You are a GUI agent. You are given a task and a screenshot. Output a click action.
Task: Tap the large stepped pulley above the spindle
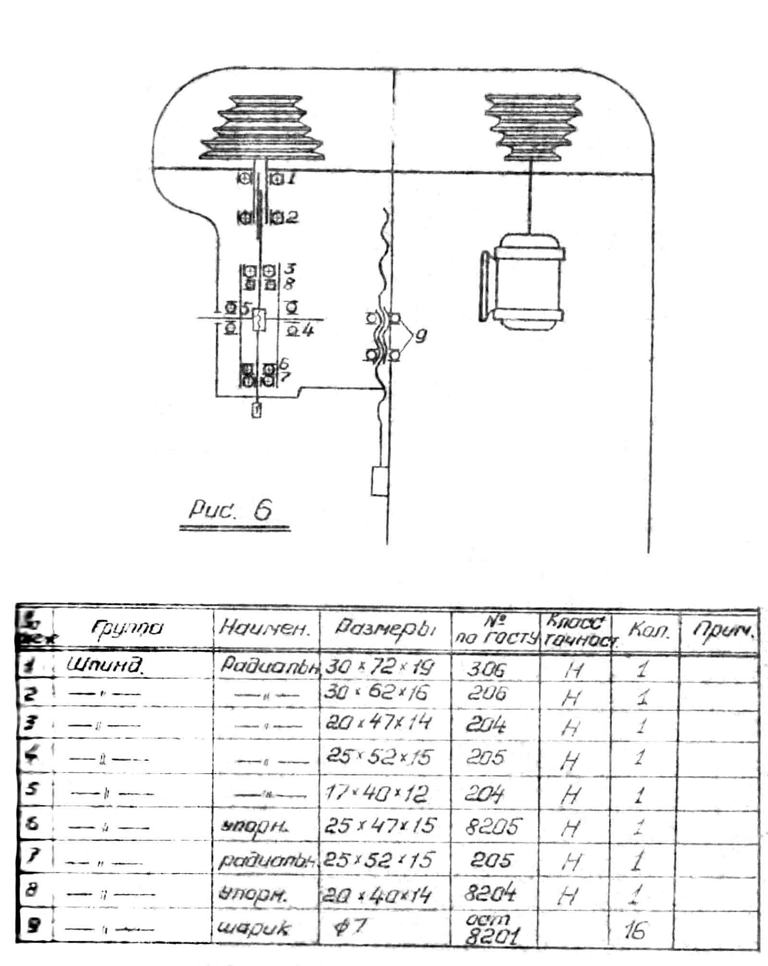click(x=262, y=129)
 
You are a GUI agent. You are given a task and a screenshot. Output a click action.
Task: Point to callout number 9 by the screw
click(x=420, y=336)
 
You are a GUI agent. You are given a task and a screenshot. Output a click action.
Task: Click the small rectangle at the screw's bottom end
click(x=379, y=481)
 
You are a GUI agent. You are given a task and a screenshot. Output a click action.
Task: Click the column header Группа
click(x=127, y=628)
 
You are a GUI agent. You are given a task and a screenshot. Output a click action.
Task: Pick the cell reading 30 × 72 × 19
click(x=379, y=667)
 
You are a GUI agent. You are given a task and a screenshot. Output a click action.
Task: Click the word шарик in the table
click(x=253, y=928)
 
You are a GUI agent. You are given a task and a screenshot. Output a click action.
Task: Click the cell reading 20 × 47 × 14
click(x=378, y=723)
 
